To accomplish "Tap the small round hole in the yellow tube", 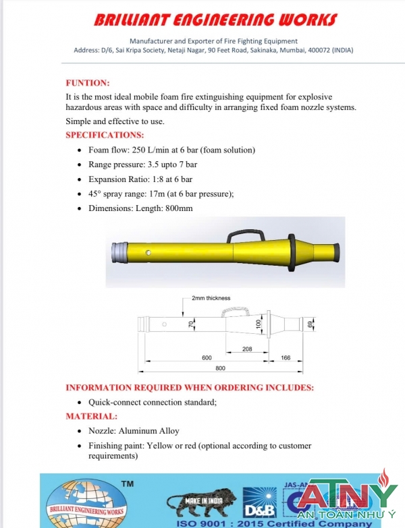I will [157, 254].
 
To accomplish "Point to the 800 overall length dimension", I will [220, 369].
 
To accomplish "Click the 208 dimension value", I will [247, 349].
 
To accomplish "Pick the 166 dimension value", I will [286, 357].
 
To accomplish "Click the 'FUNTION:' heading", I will [87, 83].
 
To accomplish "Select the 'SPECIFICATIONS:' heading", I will [105, 135].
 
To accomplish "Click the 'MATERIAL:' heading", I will [91, 416].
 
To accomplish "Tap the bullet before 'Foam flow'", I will [81, 150].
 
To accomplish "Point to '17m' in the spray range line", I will [172, 194].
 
